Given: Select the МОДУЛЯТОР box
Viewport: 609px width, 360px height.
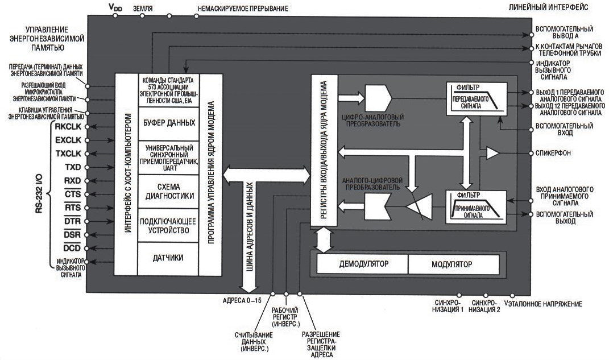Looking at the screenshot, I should pos(455,264).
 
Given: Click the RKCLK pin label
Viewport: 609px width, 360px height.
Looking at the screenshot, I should pos(68,126).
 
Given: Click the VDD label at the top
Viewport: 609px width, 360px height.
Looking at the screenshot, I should pos(115,7).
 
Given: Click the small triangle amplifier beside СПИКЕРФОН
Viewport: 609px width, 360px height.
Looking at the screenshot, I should pos(492,154).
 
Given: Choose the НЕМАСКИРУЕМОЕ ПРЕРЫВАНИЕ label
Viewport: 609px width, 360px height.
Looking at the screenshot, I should pos(243,8).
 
